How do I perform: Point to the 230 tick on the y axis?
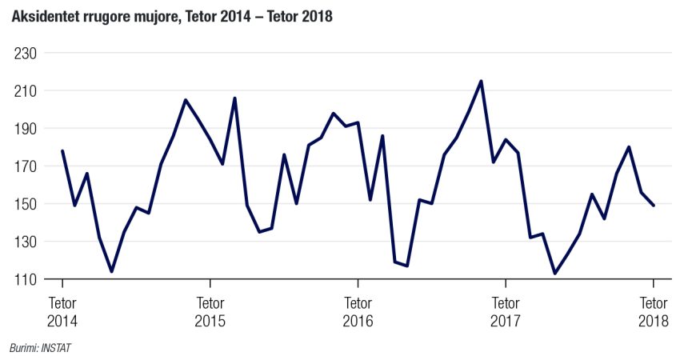pos(27,54)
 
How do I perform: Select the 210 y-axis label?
pos(27,91)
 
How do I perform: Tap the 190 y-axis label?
pos(27,129)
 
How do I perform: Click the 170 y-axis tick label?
pos(27,166)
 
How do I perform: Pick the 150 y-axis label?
pos(27,204)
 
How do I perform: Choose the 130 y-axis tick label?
pos(27,242)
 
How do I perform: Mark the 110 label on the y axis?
pos(27,279)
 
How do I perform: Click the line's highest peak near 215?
pos(481,81)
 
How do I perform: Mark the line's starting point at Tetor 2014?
pos(62,151)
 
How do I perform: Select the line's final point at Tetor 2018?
pos(654,206)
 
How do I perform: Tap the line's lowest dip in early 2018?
pos(554,274)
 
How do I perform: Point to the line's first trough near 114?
pos(111,271)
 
